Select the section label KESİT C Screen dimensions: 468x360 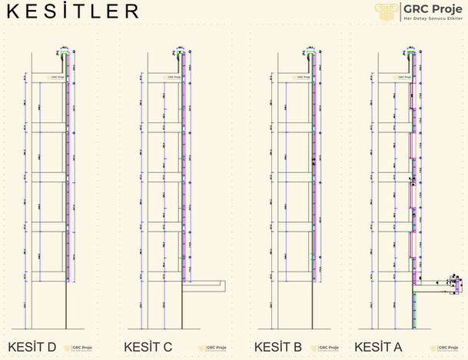148,347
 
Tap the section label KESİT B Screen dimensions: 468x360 277,347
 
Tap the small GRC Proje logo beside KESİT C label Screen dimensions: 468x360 207,348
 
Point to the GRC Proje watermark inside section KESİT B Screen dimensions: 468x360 303,77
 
